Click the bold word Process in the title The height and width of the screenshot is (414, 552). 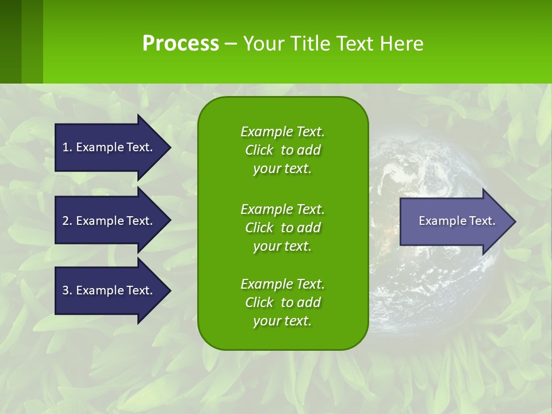point(181,44)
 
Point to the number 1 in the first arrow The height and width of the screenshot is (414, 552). point(66,147)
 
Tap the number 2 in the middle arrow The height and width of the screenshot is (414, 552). point(66,221)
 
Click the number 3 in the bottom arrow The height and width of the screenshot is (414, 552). point(66,290)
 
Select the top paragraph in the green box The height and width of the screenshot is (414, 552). point(282,150)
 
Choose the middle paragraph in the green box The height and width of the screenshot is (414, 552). point(282,228)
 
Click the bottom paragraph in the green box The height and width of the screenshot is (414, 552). point(282,302)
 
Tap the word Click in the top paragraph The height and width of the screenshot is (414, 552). point(259,151)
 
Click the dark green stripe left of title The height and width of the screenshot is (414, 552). point(11,41)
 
